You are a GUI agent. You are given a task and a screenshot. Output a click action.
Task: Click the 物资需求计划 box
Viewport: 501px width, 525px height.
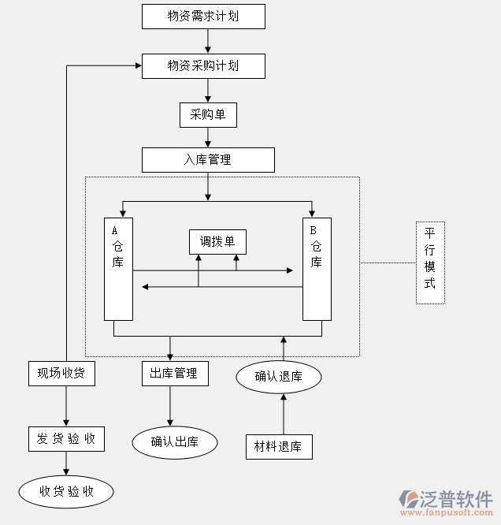(x=203, y=16)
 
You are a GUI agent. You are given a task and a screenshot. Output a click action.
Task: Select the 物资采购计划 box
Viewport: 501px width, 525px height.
(x=203, y=65)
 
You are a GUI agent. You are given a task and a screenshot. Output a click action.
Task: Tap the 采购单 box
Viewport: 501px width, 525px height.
(x=208, y=115)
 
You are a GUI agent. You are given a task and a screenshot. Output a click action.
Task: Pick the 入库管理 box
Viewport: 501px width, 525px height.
(x=208, y=159)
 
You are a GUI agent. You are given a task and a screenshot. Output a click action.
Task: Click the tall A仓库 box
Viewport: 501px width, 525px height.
(x=118, y=268)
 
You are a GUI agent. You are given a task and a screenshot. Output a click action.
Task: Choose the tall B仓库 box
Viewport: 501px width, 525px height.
(x=317, y=268)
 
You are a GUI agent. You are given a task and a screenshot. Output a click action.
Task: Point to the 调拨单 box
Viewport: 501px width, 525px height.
(x=217, y=241)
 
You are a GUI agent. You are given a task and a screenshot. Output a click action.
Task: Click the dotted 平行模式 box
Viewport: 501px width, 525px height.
(x=430, y=263)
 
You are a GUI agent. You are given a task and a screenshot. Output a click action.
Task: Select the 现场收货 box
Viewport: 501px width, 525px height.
(x=61, y=373)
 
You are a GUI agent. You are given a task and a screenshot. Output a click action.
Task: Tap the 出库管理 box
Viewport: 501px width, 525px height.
(x=175, y=373)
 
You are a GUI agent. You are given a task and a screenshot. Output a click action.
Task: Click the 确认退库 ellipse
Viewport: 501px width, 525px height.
(x=279, y=376)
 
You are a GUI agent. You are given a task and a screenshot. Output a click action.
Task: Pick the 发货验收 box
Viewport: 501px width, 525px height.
(x=66, y=439)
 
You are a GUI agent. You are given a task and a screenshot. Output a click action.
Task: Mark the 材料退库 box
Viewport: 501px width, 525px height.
(x=279, y=446)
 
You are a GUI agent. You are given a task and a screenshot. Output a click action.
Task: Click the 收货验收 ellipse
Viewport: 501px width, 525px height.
(x=66, y=492)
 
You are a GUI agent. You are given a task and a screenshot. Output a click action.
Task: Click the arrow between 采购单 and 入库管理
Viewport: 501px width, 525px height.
(x=208, y=137)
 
